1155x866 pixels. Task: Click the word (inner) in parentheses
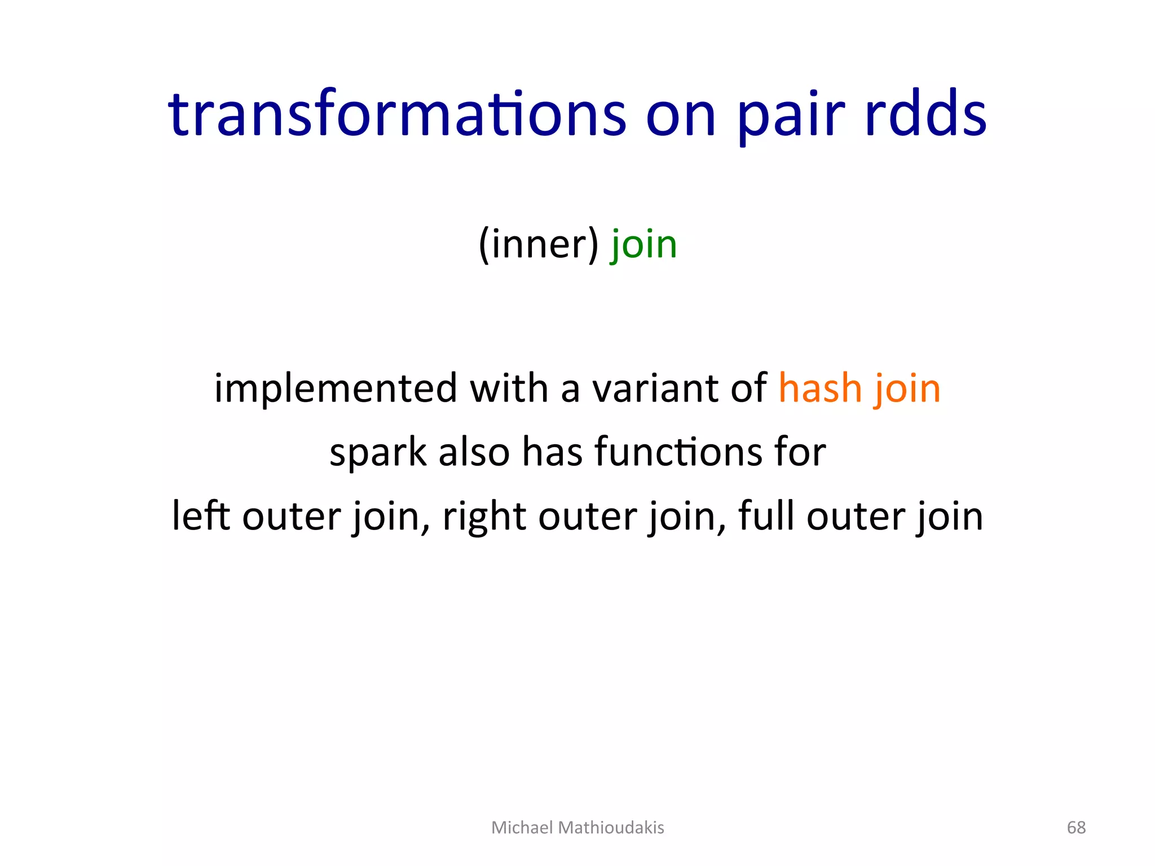pos(538,245)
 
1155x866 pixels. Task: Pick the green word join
pos(644,245)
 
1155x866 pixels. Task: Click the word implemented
pos(336,389)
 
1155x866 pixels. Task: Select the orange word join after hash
pos(908,389)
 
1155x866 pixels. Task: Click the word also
pos(474,453)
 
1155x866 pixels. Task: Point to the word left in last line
pos(201,516)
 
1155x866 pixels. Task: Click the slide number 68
pos(1076,828)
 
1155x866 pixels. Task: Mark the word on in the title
pos(681,116)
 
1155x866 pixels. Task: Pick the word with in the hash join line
pos(509,389)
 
